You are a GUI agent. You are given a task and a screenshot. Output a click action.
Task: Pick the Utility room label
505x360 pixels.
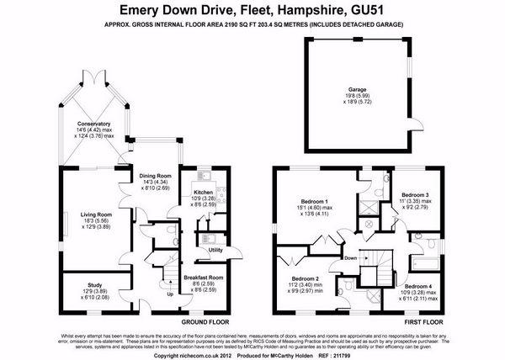[215, 250]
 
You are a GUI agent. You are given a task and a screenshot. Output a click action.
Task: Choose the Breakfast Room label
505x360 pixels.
[204, 277]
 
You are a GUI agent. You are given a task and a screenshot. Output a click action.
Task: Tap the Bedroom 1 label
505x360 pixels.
[314, 202]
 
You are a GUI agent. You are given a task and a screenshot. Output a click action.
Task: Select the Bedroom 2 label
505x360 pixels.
[305, 278]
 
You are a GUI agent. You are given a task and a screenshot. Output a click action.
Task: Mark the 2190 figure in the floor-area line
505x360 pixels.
[239, 26]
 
